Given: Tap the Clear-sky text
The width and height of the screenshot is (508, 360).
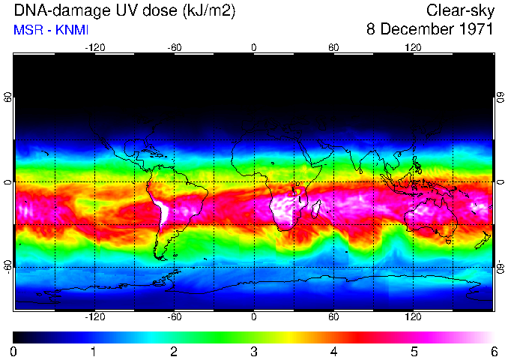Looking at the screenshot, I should coord(459,10).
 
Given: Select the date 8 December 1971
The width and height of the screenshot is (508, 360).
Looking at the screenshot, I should coord(429,29).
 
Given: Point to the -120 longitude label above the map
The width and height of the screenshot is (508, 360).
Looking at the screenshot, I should coord(94,47).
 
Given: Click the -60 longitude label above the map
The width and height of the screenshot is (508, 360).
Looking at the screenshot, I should coord(174,47).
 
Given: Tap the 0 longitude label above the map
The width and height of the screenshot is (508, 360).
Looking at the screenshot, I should coord(254,47).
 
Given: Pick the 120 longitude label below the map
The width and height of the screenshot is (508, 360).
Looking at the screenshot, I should coord(413,317).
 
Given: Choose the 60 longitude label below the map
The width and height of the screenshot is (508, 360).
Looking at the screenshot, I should coord(333,317).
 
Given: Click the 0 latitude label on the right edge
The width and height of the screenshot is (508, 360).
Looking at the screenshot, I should coord(500,182).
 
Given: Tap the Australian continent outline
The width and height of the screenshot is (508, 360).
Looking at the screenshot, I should coord(431,214).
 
